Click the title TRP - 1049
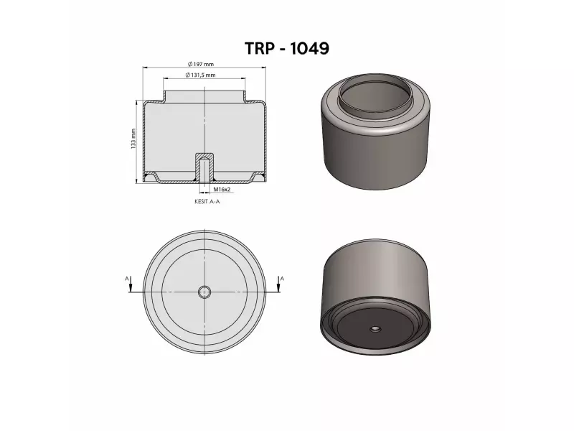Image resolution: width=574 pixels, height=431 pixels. [x=287, y=47]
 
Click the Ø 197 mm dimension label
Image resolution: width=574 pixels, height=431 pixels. [x=199, y=65]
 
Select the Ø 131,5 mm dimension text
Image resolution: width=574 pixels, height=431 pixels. [x=202, y=75]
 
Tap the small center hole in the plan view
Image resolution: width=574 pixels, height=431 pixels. [x=205, y=291]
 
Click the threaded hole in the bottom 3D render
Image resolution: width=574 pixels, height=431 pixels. [x=375, y=328]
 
